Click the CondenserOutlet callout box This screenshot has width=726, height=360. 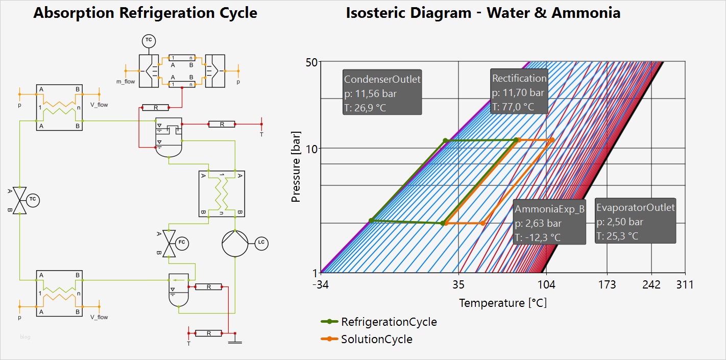[382, 92]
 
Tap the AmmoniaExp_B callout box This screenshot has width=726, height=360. [549, 223]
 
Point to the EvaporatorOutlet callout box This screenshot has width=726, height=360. [635, 221]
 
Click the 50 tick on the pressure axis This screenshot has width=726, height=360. [312, 62]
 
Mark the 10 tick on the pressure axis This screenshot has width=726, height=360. [312, 149]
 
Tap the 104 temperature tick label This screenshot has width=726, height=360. [547, 285]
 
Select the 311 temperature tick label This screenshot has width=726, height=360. [684, 285]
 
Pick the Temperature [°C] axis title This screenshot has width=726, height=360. [502, 303]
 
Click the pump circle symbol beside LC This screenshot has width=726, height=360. [234, 243]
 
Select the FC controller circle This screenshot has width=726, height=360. [182, 243]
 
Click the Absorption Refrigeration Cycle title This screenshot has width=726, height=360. [145, 13]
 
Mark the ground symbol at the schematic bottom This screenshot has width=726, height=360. [235, 342]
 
